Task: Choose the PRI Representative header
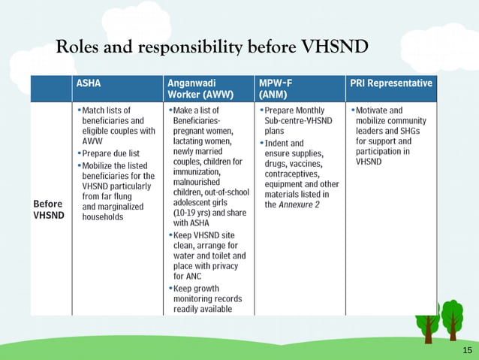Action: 390,83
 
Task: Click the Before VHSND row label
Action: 49,210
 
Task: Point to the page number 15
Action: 468,351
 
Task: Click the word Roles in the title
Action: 77,47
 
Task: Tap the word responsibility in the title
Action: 185,48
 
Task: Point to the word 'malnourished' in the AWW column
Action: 196,182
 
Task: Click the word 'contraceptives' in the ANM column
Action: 293,174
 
